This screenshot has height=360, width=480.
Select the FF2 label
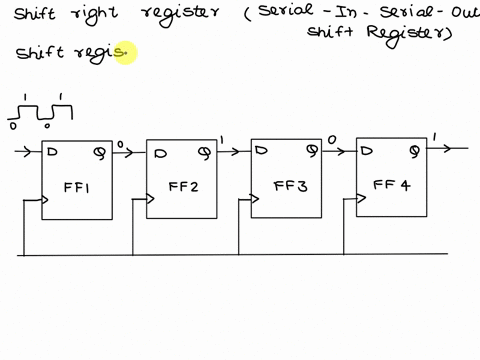tap(182, 186)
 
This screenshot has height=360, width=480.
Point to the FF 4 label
tap(391, 185)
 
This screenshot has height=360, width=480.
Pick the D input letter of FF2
tap(158, 153)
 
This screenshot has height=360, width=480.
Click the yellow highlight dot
tap(125, 53)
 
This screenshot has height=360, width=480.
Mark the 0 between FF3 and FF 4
tap(331, 140)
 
